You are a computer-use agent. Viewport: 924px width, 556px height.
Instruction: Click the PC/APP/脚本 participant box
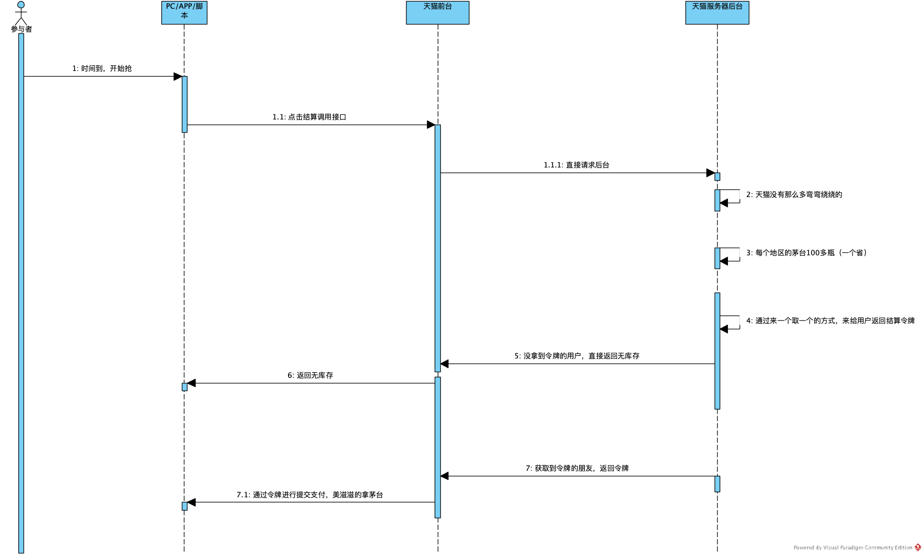(x=184, y=12)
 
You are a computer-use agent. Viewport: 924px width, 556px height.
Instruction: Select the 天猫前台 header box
(x=437, y=12)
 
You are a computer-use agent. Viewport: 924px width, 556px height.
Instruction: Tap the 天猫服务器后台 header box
(x=717, y=12)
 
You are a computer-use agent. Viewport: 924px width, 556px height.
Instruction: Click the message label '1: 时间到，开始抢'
(x=102, y=68)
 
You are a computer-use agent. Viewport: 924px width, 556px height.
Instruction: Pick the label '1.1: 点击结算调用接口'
(x=310, y=117)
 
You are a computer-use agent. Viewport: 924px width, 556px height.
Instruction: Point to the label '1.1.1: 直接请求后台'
(x=576, y=165)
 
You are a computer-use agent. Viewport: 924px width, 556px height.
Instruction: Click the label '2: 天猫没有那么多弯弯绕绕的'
(x=794, y=195)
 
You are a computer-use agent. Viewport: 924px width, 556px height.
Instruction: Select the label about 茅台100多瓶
(x=808, y=253)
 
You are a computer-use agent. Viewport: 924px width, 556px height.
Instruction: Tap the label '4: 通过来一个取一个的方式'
(x=830, y=321)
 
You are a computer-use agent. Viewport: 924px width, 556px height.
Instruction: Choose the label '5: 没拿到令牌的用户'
(x=577, y=356)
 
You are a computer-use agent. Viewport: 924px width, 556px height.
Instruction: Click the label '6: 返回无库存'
(x=310, y=375)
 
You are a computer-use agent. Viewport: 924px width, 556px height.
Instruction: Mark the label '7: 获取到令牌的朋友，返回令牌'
(x=577, y=468)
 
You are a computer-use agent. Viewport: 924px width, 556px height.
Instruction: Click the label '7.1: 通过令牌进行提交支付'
(x=310, y=495)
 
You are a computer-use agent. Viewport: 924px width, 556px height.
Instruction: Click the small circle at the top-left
(x=21, y=5)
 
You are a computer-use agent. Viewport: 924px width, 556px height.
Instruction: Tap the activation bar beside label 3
(x=717, y=258)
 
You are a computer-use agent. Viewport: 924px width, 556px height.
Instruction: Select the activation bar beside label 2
(x=717, y=200)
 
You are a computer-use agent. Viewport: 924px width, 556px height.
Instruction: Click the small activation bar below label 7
(x=717, y=484)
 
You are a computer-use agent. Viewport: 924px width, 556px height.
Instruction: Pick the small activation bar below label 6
(x=184, y=387)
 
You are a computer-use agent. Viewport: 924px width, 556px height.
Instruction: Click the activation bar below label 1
(x=184, y=104)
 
